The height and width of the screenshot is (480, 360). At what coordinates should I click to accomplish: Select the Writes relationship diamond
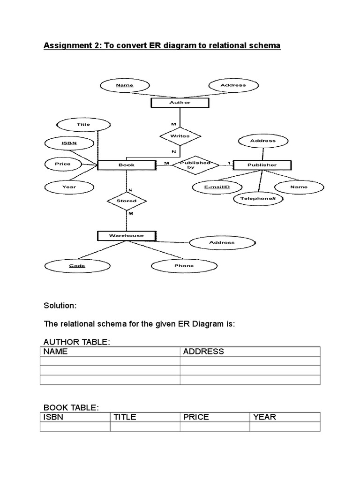click(180, 136)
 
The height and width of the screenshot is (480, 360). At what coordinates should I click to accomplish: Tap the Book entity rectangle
click(126, 165)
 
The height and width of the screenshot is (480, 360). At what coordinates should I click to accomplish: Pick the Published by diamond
click(195, 165)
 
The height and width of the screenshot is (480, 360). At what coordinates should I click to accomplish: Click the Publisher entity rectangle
click(262, 165)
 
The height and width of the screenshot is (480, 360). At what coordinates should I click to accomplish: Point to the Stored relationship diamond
click(126, 201)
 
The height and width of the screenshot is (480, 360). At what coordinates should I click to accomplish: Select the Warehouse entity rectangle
click(126, 235)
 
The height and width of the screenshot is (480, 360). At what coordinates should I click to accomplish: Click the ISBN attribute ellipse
click(69, 142)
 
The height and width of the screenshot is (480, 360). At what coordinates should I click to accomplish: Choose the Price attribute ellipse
click(62, 164)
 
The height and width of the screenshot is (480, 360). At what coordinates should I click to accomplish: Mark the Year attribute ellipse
click(69, 187)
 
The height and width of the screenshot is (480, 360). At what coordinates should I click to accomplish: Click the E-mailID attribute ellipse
click(217, 187)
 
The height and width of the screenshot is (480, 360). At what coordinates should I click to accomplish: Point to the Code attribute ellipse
click(77, 266)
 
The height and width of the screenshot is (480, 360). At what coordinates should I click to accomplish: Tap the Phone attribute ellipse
click(184, 266)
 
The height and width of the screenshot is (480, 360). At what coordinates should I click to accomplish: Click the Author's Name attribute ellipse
click(124, 85)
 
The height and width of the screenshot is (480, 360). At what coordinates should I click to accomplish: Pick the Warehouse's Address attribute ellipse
click(222, 242)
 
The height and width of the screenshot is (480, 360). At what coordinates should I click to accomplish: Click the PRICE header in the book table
click(196, 417)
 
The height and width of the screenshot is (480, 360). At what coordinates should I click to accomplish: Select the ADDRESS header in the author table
click(203, 352)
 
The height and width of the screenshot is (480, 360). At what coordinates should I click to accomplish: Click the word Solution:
click(60, 306)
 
